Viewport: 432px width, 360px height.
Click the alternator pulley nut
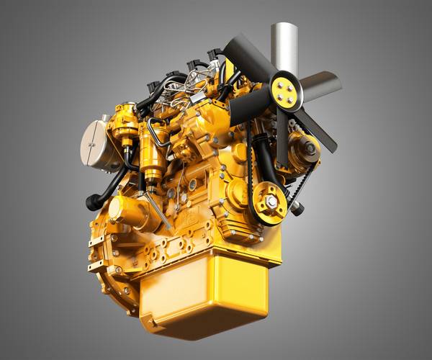[x=310, y=149]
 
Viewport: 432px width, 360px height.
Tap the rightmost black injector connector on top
[x=214, y=55]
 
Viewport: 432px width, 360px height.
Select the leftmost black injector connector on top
[x=153, y=86]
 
